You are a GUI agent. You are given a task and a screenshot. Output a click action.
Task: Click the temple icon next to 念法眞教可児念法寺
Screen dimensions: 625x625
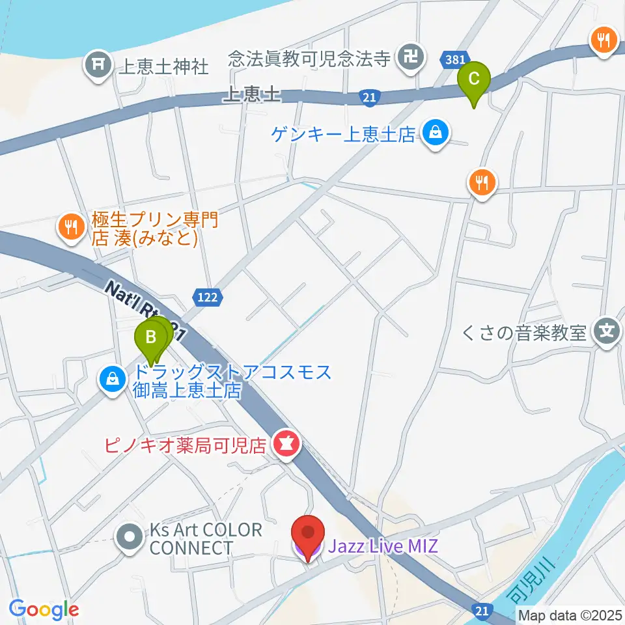coord(411,57)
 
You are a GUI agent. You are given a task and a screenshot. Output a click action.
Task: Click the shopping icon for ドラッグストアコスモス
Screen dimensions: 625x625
coord(113,378)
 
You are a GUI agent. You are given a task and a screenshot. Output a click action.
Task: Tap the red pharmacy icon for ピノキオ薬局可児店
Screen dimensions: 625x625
coord(285,445)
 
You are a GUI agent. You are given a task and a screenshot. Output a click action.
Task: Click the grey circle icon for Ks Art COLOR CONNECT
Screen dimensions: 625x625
coord(129,537)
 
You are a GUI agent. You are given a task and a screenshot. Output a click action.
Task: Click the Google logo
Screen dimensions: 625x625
coord(43,609)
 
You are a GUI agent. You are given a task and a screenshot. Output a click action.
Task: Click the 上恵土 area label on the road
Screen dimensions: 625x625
coord(251,95)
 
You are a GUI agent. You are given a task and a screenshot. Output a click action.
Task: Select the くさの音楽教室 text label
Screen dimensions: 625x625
coord(524,333)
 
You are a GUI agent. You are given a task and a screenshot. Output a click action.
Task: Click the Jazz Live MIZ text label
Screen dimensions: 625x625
coord(383,545)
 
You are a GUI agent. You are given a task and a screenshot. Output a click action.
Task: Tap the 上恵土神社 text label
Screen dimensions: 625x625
coord(163,66)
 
